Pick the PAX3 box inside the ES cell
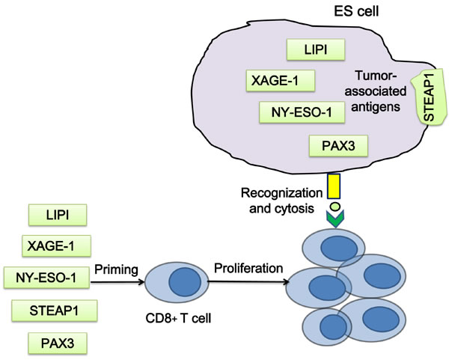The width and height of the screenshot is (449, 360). point(339,145)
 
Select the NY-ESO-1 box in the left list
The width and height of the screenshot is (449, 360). point(46,278)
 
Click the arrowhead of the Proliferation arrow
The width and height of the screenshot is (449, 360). point(287,283)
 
